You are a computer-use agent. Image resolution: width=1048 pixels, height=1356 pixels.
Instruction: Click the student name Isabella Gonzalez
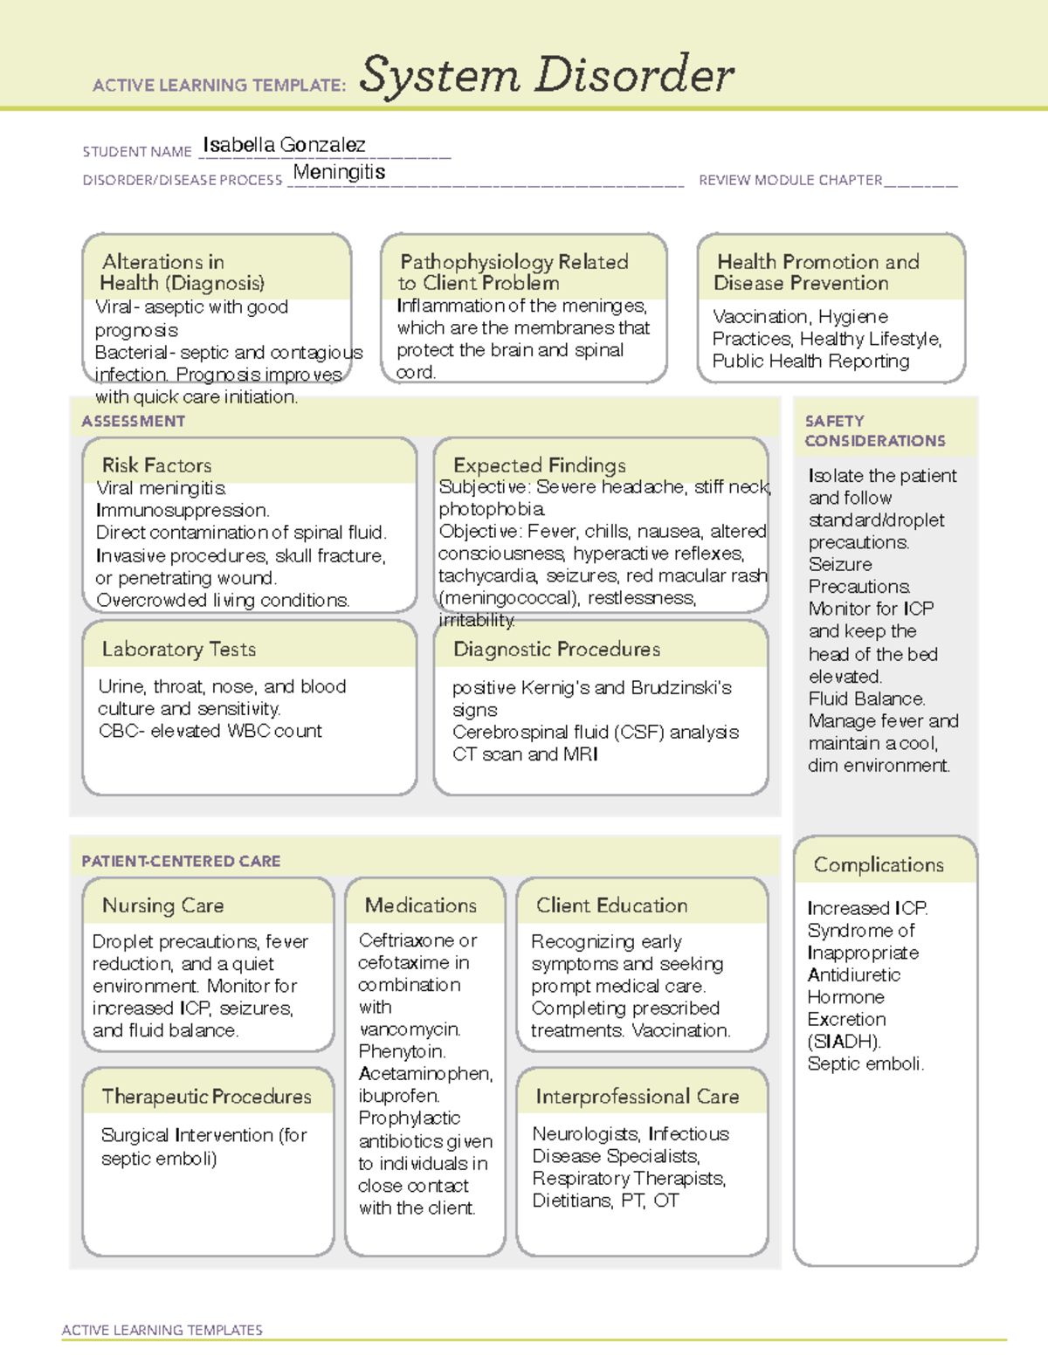point(284,145)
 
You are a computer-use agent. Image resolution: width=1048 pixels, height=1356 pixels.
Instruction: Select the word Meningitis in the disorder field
point(339,172)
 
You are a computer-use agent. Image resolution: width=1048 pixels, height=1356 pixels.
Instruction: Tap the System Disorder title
point(547,75)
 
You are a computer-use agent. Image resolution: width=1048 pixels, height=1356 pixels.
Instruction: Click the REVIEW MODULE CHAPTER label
point(790,180)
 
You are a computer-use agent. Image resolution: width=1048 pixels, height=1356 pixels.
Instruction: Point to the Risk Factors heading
point(156,465)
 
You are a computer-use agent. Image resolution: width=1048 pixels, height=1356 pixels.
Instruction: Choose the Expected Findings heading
point(539,465)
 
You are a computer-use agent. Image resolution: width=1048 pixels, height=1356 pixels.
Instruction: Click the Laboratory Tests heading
point(179,650)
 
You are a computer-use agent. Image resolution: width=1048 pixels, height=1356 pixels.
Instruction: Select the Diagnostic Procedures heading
point(556,650)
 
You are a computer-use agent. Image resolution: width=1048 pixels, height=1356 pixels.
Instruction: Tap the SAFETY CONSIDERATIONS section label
point(874,431)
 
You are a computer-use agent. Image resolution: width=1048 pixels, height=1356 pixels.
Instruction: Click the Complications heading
point(879,864)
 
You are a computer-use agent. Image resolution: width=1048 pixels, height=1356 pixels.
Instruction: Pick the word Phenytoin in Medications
point(402,1051)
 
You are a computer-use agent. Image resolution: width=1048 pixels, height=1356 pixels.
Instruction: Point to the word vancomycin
point(409,1029)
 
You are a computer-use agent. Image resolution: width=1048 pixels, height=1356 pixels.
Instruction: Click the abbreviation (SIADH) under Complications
point(844,1042)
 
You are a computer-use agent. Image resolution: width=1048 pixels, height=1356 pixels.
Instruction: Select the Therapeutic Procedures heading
point(206,1097)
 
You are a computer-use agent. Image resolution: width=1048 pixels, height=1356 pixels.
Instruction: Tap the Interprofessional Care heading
point(638,1097)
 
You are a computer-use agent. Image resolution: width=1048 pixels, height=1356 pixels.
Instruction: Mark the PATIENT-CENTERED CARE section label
point(181,861)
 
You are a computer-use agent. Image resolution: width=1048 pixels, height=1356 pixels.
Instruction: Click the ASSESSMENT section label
point(134,421)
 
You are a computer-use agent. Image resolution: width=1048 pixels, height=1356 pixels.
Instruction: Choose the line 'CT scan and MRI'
point(525,754)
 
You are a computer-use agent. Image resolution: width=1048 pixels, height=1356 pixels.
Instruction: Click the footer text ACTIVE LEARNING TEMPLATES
point(162,1330)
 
